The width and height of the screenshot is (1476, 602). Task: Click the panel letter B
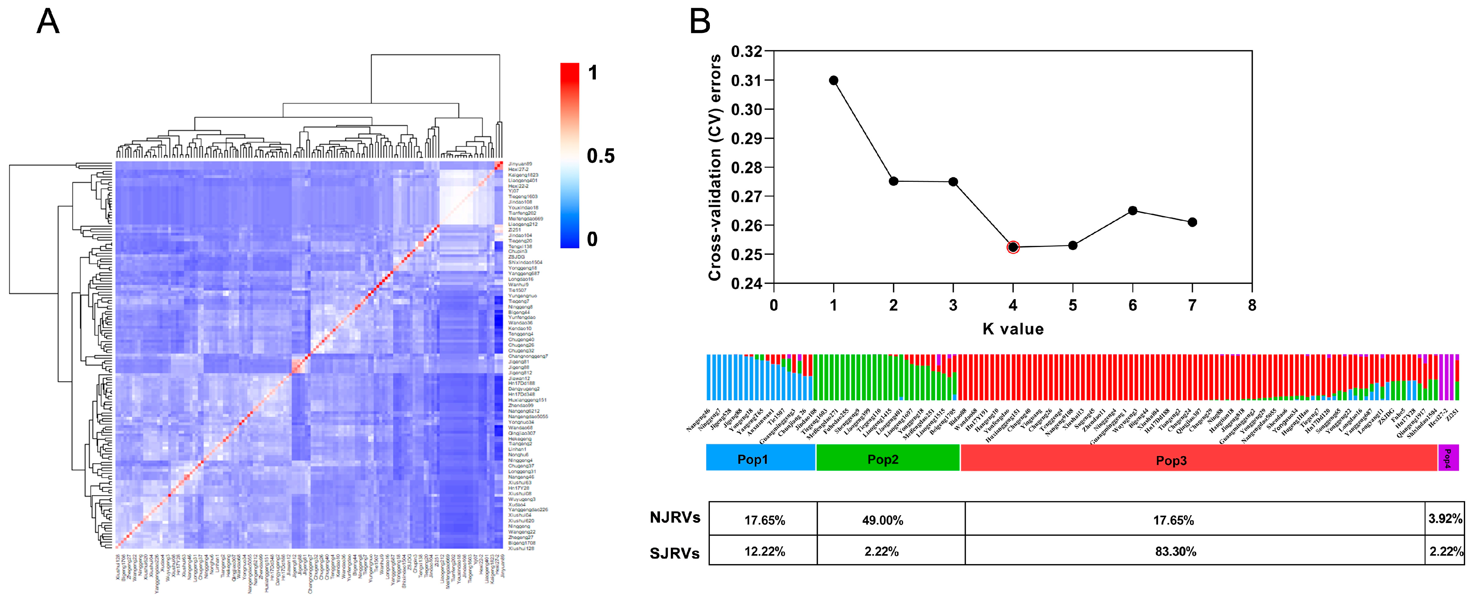pyautogui.click(x=700, y=22)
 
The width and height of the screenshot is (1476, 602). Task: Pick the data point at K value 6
pyautogui.click(x=1132, y=211)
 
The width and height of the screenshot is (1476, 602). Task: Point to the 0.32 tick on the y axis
pyautogui.click(x=746, y=52)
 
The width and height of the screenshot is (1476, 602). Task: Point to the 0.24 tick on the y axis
pyautogui.click(x=746, y=284)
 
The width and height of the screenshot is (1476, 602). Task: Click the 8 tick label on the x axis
pyautogui.click(x=1252, y=305)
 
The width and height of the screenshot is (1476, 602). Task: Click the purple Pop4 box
pyautogui.click(x=1447, y=458)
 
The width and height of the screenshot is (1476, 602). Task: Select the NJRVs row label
pyautogui.click(x=675, y=518)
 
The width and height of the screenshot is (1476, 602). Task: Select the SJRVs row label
pyautogui.click(x=675, y=553)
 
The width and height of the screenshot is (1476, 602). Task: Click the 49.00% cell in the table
pyautogui.click(x=883, y=520)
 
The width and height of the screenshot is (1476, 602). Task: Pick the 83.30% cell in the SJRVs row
pyautogui.click(x=1175, y=551)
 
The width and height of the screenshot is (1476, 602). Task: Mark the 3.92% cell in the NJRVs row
pyautogui.click(x=1444, y=519)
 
